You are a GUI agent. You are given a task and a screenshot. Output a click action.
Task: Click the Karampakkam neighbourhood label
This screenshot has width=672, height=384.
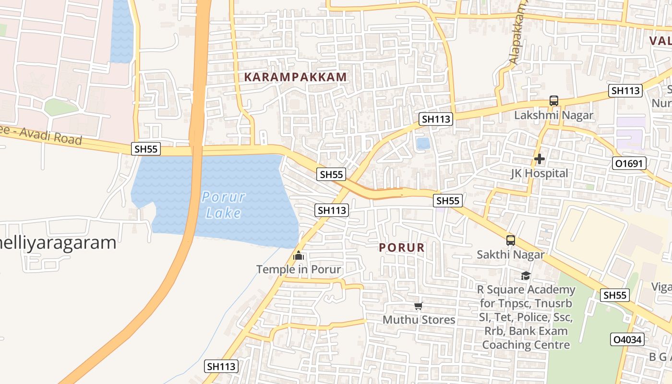[295, 77]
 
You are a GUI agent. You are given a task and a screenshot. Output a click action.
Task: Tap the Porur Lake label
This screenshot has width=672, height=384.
[223, 204]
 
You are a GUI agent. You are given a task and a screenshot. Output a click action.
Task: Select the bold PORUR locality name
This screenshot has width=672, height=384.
[402, 248]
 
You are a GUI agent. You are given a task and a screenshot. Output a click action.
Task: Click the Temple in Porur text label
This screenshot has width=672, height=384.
[299, 269]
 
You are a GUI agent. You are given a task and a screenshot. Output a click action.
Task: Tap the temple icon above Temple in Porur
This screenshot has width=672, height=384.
[299, 255]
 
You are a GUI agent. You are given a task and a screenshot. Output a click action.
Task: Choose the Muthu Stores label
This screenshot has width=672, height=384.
[419, 320]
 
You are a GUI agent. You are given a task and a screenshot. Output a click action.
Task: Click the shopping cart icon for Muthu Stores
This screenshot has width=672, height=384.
[418, 306]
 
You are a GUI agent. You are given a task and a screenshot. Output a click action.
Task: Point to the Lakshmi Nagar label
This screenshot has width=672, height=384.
[553, 115]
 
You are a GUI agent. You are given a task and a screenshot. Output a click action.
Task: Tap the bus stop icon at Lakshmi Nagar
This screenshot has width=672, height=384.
[554, 101]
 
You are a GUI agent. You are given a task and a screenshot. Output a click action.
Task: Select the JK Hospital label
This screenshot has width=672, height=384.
[539, 173]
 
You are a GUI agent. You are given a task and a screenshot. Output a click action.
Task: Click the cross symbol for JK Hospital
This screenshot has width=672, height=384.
[539, 159]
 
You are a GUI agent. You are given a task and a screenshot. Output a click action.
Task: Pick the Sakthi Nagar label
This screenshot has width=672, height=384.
[510, 254]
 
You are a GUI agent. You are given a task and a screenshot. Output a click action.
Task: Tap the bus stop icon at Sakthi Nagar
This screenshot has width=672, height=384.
[510, 240]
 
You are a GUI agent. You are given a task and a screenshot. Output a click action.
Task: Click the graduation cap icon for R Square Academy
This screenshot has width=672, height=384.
[526, 276]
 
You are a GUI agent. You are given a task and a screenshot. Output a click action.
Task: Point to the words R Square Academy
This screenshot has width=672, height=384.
[526, 290]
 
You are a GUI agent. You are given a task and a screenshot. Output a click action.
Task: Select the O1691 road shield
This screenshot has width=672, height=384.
[629, 164]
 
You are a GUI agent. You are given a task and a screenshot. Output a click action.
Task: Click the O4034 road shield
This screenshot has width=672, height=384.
[626, 340]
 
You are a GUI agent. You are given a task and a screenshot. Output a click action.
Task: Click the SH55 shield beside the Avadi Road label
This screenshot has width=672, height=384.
[146, 149]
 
